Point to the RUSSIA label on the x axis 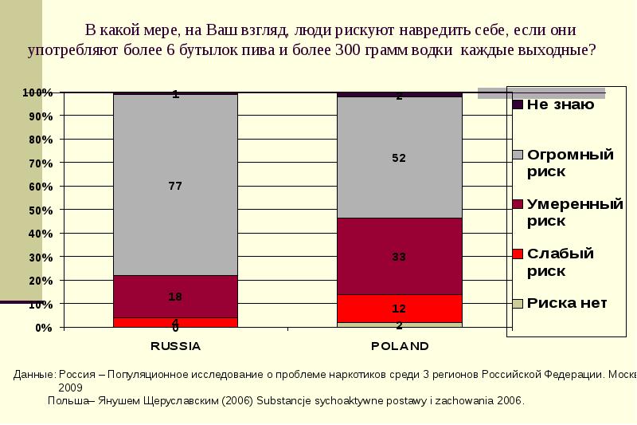175,346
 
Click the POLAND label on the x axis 399,346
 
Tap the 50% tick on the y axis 41,210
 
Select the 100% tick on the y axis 37,92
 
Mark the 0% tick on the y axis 44,328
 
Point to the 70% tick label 41,163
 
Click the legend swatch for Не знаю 517,104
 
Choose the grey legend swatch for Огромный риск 517,154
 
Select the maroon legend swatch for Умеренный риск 517,204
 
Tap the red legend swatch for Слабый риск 517,254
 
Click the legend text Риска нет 567,303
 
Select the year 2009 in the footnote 70,386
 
